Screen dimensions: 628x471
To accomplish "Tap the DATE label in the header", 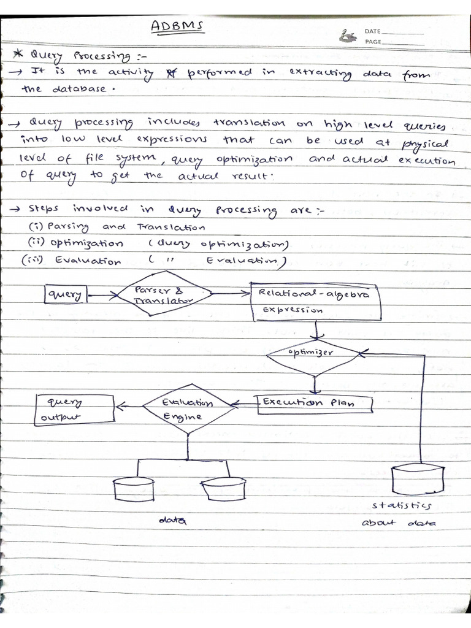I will tap(373, 31).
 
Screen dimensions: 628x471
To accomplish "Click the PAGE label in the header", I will tap(373, 42).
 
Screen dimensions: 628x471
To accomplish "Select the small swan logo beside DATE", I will tap(349, 36).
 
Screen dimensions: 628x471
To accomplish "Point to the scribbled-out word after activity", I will tap(163, 72).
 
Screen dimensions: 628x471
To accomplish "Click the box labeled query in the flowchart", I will tap(66, 295).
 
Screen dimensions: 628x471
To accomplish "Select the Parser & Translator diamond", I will tap(164, 295).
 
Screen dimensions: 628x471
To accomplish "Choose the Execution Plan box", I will tap(315, 403).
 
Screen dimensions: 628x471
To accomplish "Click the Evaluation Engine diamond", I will tap(188, 410).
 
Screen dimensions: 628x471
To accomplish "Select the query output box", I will tap(75, 409).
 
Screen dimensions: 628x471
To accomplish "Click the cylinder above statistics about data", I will tap(417, 479).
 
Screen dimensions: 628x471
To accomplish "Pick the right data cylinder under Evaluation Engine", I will tap(224, 489).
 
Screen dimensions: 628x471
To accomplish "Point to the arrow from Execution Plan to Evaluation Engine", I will tap(245, 403).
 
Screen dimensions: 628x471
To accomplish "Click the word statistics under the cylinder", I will tap(402, 506).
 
